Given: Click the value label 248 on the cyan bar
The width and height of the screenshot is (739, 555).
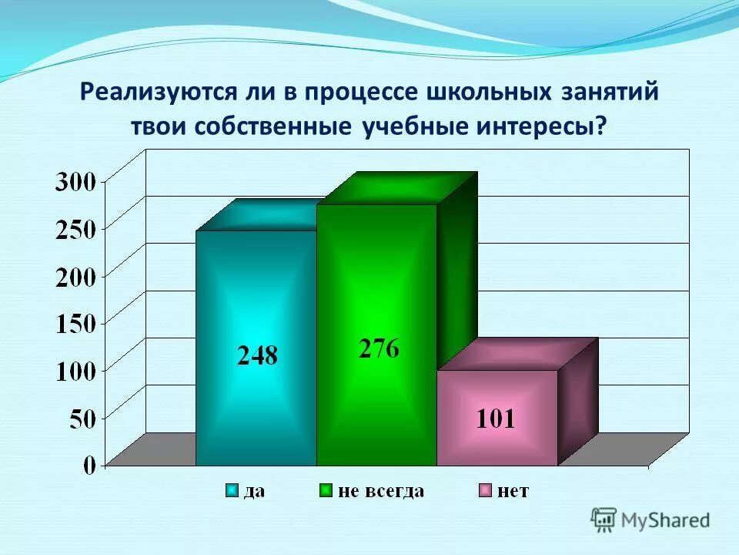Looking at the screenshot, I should pyautogui.click(x=256, y=355).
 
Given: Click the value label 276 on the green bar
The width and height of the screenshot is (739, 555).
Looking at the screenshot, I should pyautogui.click(x=378, y=348).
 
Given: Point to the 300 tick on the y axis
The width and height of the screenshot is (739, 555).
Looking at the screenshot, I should pyautogui.click(x=75, y=183).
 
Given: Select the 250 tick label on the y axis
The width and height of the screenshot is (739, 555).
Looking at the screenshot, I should pyautogui.click(x=75, y=230).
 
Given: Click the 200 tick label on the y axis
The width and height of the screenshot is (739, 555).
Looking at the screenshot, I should pyautogui.click(x=75, y=277).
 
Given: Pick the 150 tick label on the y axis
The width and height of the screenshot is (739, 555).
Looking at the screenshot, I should pyautogui.click(x=75, y=324).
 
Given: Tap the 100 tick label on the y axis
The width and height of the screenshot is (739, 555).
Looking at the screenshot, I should pyautogui.click(x=75, y=371).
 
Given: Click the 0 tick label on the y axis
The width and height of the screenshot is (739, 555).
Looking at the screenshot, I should pyautogui.click(x=89, y=464).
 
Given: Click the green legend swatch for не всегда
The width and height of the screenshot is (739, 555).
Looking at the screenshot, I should pyautogui.click(x=326, y=491).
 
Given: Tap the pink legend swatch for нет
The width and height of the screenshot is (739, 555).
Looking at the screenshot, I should pyautogui.click(x=485, y=491).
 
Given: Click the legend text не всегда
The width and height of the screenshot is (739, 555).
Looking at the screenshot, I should pyautogui.click(x=380, y=491).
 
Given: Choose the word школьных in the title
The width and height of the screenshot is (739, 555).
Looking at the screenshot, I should pyautogui.click(x=483, y=93).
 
